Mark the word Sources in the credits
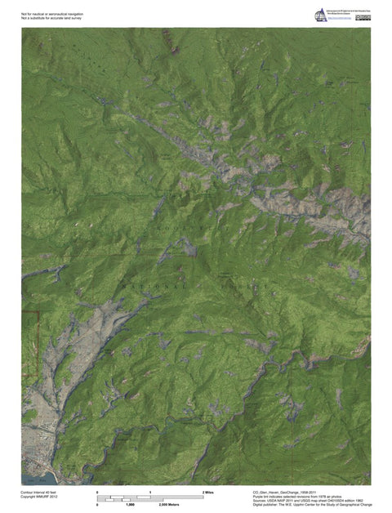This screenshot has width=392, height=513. point(262,501)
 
